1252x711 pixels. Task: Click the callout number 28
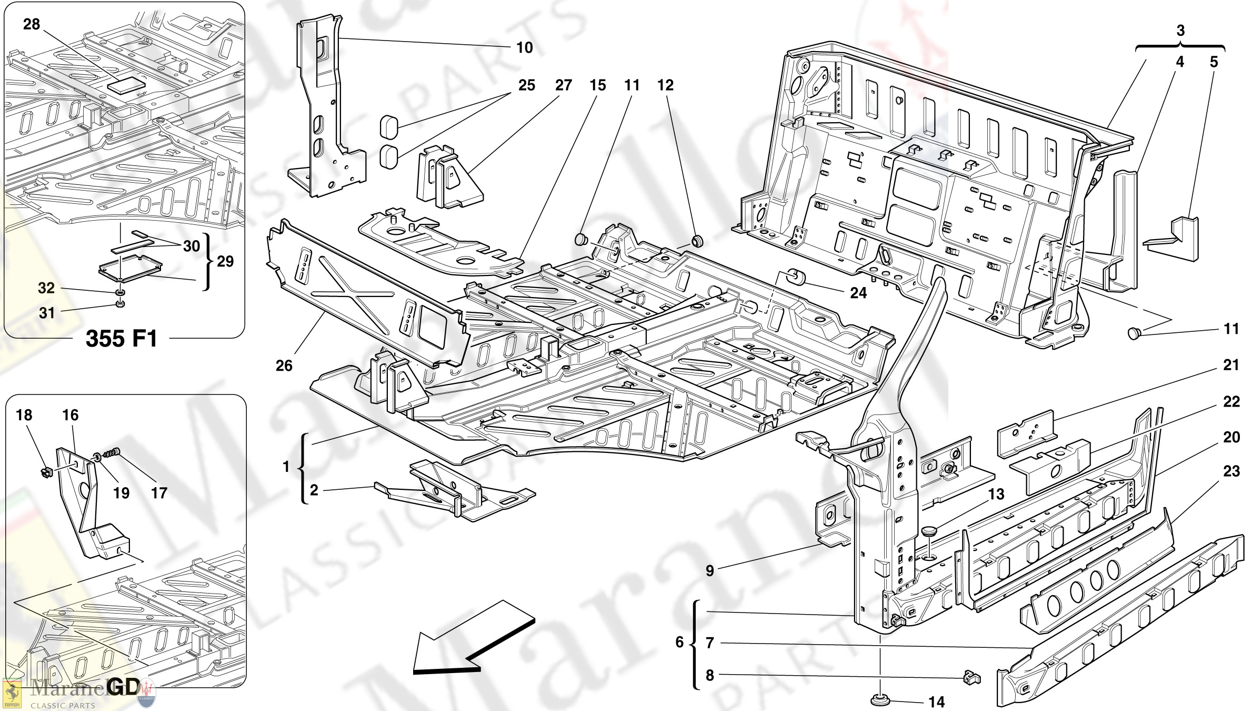point(32,24)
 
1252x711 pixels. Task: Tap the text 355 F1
point(122,339)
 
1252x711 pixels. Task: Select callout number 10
point(524,48)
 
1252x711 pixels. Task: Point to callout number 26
point(284,366)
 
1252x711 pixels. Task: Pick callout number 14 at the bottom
point(936,702)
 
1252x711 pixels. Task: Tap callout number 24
point(858,292)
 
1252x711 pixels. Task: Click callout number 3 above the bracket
point(1180,31)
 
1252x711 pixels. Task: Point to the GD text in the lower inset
point(123,687)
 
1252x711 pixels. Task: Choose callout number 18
point(24,415)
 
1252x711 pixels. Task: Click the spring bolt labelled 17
point(112,452)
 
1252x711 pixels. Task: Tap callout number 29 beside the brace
point(225,261)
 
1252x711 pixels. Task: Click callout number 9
point(709,571)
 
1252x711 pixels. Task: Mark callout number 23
point(1231,471)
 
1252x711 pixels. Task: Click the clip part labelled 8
point(971,677)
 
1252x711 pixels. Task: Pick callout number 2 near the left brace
point(314,490)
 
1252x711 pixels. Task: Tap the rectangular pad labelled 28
point(126,85)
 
